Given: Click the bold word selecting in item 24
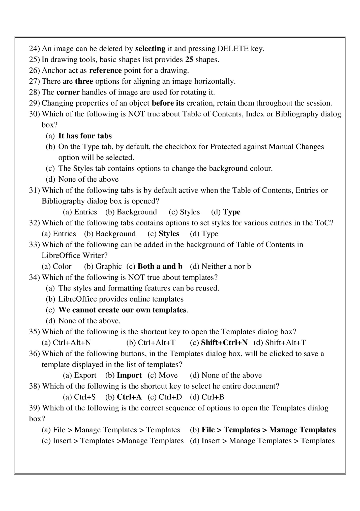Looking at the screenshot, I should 150,49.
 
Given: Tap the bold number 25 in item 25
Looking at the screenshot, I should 189,59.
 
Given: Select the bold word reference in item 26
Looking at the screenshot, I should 105,70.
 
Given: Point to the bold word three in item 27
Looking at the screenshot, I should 84,81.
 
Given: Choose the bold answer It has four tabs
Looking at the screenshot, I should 85,136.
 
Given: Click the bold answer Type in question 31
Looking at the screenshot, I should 232,212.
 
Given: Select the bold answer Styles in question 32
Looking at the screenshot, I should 169,234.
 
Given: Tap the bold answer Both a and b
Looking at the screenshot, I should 160,266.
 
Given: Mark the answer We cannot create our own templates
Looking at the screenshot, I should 122,310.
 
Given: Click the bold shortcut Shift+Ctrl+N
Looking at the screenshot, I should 224,342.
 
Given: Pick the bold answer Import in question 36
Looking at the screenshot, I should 129,375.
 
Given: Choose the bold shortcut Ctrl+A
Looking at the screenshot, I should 129,397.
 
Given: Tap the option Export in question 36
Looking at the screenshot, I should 85,375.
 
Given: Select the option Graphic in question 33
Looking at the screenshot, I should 108,266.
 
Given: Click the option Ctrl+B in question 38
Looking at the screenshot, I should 213,397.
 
